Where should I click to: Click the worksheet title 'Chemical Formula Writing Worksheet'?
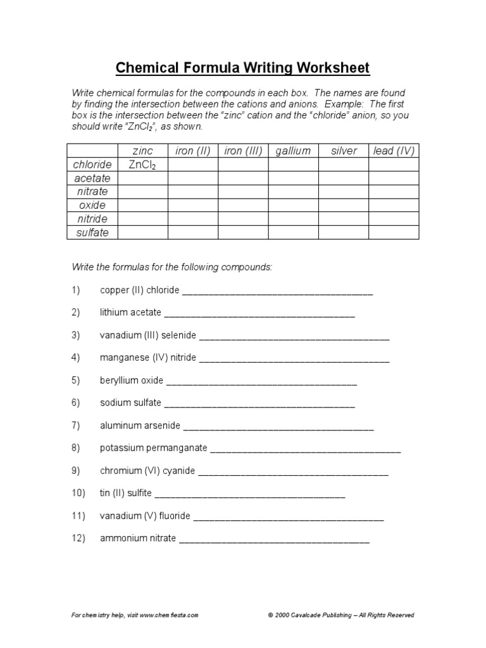click(x=242, y=68)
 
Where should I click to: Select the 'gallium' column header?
click(x=293, y=151)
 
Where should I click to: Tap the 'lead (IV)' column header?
click(x=394, y=151)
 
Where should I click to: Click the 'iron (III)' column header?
click(x=243, y=151)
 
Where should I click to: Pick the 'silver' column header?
click(x=344, y=151)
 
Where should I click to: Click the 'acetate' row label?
click(x=92, y=178)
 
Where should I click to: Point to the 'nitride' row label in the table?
click(x=92, y=219)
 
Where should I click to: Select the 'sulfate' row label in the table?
click(x=92, y=233)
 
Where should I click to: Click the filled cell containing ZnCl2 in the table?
click(x=142, y=165)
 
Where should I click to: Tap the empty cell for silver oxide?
click(x=344, y=206)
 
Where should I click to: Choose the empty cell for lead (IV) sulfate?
click(x=394, y=233)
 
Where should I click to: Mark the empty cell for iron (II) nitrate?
click(x=193, y=192)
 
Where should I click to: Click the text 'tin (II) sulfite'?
click(x=125, y=494)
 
